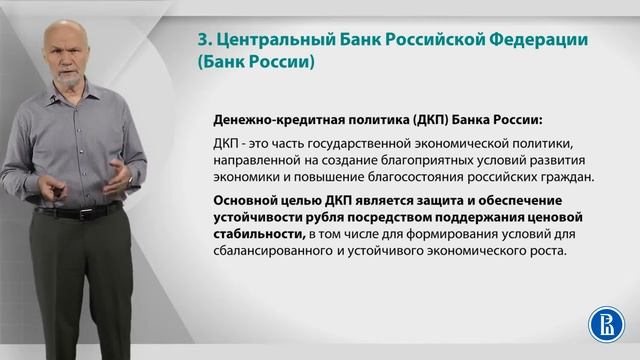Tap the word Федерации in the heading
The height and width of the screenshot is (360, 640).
pos(537,40)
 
